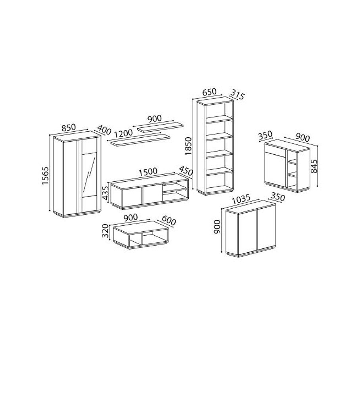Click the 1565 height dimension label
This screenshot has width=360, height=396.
45,175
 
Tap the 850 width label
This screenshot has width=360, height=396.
69,127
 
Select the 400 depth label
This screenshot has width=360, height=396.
104,130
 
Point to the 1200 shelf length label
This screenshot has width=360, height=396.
123,133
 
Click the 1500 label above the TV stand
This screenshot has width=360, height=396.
148,171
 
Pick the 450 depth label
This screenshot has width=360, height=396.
186,171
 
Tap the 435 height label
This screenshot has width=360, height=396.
106,192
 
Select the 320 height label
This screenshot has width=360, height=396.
105,231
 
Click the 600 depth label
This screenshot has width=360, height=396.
169,221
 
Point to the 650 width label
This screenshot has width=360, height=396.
209,92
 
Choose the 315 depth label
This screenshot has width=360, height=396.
237,94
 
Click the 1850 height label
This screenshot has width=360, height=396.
188,146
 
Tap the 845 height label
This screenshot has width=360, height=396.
314,166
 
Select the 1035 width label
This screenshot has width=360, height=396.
241,199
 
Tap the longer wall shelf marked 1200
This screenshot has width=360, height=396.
140,140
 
